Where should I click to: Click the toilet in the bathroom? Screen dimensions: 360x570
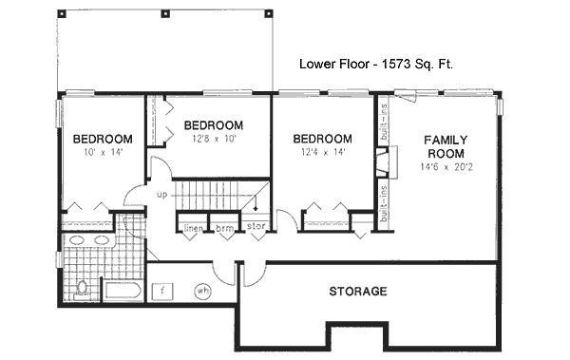[x=82, y=288]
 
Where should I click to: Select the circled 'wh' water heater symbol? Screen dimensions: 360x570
[x=202, y=291]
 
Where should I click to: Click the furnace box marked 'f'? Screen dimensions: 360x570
[x=163, y=291]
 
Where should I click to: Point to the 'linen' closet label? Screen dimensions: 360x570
[x=193, y=227]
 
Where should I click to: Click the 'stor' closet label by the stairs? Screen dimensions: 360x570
[x=256, y=227]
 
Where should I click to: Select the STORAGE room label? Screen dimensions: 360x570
[x=357, y=291]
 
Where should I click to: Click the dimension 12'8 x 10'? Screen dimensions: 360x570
[x=213, y=140]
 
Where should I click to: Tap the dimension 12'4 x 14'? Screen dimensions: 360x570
[x=323, y=152]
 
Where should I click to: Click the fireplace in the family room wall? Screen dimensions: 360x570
[x=382, y=165]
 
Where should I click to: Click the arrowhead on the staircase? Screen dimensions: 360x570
[x=255, y=207]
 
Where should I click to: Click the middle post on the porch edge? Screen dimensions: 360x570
[x=166, y=14]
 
